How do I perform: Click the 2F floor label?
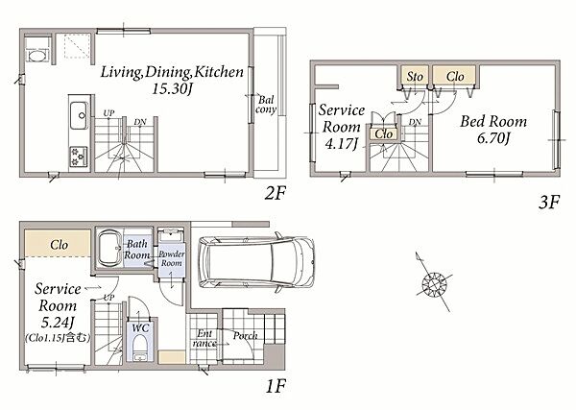coord(275,192)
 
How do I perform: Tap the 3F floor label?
coord(549,202)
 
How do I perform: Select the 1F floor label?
coord(276,386)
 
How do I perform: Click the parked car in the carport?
coord(256,261)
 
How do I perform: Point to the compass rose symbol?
coord(434,282)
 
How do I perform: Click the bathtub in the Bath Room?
coord(109,248)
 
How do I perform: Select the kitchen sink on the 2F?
coord(79,115)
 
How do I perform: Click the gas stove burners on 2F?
coord(79,157)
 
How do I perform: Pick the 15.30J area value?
coord(172,88)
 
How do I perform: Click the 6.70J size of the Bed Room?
coord(493,138)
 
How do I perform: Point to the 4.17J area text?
coord(341,143)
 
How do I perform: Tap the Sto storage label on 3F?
coord(415,77)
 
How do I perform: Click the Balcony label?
coord(266,105)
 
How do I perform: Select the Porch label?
coord(245,335)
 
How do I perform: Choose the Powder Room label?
coord(172,258)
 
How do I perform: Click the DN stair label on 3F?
coord(415,122)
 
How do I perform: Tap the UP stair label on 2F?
coord(108,113)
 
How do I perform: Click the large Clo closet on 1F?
coord(58,243)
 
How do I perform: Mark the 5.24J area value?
coord(58,323)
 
